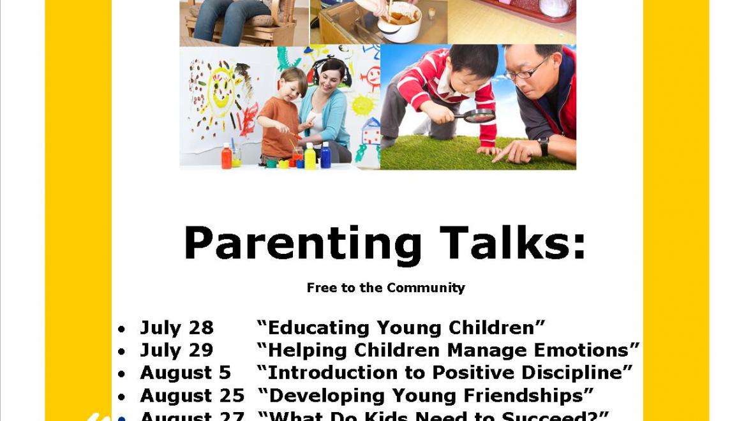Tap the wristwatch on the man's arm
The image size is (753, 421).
click(544, 146)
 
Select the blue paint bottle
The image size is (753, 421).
click(325, 156)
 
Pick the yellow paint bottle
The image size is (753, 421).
click(310, 156)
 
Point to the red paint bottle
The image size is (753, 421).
click(226, 156)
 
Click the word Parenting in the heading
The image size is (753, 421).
click(302, 244)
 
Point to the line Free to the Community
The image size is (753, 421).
click(385, 288)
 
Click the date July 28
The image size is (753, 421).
click(177, 328)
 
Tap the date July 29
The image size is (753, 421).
click(177, 350)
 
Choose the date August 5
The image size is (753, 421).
click(185, 373)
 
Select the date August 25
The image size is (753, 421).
click(192, 395)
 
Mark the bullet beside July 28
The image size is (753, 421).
click(121, 330)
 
